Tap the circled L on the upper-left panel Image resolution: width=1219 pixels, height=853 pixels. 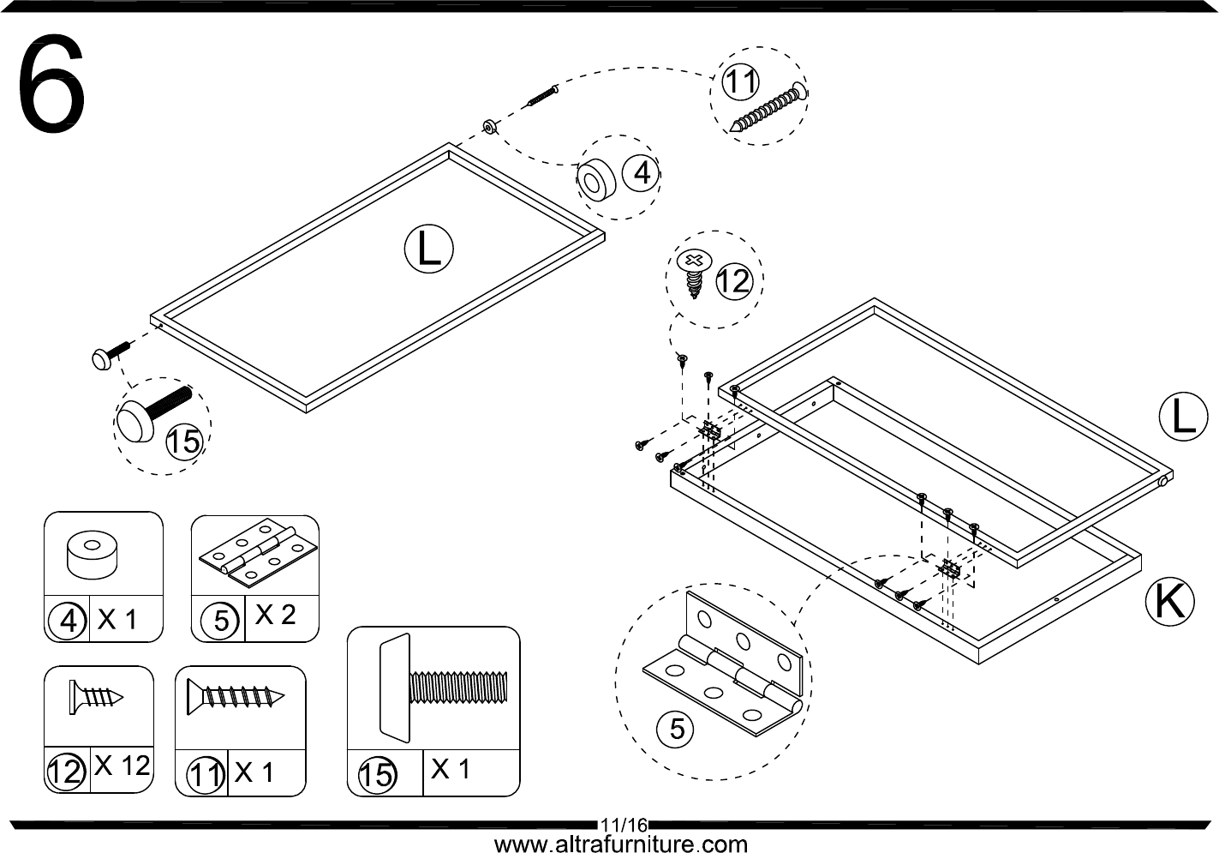pos(429,249)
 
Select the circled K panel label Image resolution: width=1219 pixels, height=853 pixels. pos(1169,601)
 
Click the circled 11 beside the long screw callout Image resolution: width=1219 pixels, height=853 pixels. pos(740,82)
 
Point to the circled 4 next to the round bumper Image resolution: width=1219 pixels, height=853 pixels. pos(641,174)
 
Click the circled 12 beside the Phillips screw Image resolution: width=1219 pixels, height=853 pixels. pos(734,281)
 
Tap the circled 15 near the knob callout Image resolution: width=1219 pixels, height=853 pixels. pos(184,442)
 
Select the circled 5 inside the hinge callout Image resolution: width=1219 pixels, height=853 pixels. pos(675,730)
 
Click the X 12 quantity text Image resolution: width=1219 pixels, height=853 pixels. pos(122,766)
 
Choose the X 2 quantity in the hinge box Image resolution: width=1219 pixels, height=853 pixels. pos(275,615)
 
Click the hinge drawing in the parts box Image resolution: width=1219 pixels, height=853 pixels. pos(257,554)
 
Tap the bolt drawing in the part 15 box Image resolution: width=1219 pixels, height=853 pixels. pos(443,688)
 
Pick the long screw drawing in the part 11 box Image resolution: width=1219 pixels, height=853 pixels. pos(236,696)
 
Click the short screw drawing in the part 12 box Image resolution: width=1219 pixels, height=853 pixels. pos(96,697)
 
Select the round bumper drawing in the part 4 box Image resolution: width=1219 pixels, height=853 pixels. pos(92,555)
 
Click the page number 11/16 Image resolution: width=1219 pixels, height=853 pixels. pos(624,826)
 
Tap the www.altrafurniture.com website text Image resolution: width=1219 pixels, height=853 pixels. pos(620,844)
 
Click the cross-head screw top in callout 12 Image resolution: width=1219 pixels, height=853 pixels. pos(694,261)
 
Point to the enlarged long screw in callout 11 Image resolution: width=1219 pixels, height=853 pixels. pos(768,107)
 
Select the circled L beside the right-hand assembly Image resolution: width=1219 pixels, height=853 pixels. pos(1184,417)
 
